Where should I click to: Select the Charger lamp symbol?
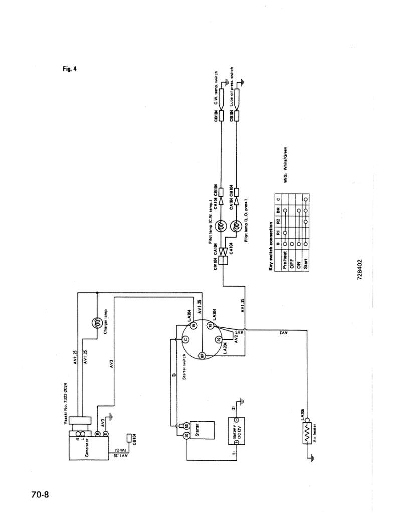[x=97, y=322]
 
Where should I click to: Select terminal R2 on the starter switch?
[x=219, y=339]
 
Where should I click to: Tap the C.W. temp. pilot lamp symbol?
[x=221, y=227]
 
